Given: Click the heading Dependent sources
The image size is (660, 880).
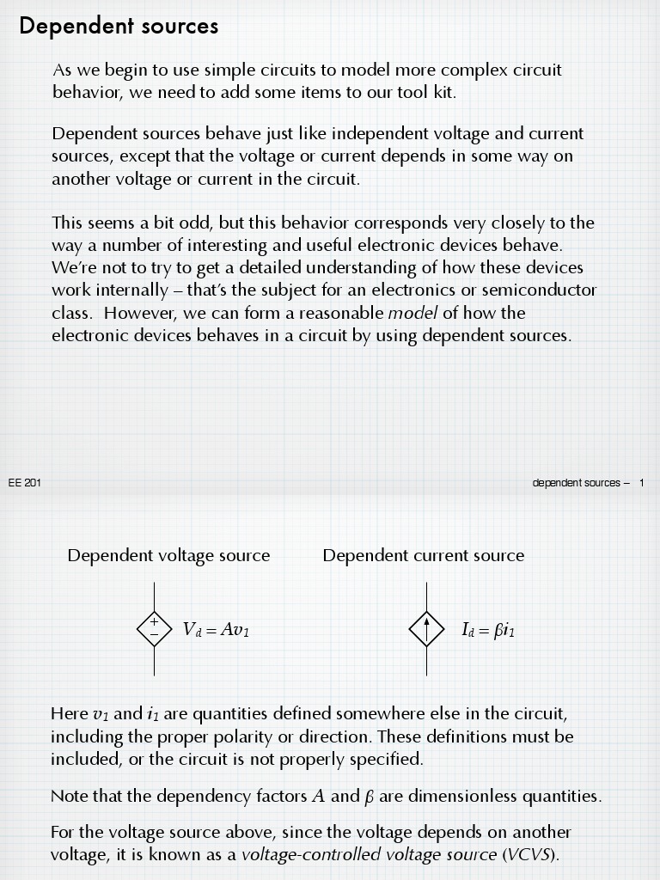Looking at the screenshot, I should click(x=119, y=27).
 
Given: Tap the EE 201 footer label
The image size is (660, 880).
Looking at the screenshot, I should click(x=25, y=483).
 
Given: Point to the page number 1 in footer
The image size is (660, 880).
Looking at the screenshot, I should click(x=641, y=483).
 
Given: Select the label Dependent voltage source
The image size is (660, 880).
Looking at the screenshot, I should click(x=168, y=556).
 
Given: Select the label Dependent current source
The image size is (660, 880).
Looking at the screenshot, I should click(x=423, y=556).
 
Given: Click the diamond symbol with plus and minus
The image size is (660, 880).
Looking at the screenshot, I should click(x=155, y=629).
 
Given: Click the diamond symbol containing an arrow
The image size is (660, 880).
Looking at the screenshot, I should click(x=426, y=629).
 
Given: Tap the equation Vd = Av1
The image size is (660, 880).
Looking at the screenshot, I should click(x=216, y=630).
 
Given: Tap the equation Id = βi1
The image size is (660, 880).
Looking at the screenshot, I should click(x=488, y=630).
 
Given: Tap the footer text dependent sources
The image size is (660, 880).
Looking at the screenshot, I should click(x=576, y=483).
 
